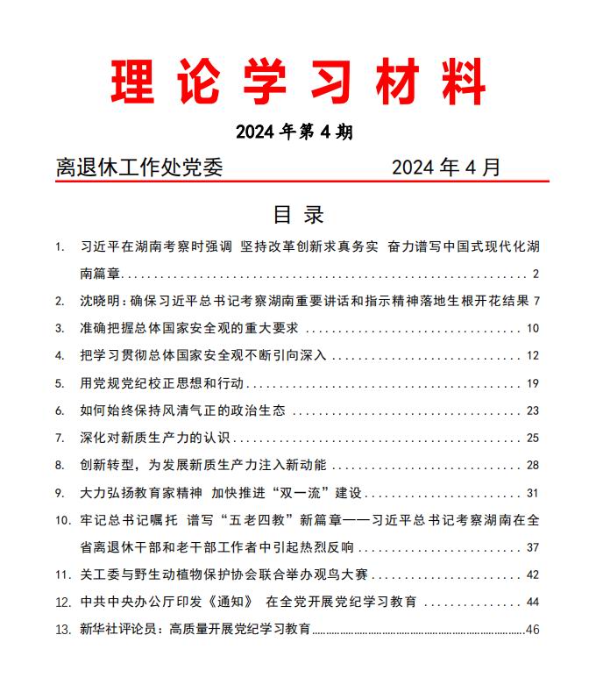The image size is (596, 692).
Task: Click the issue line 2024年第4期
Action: point(294,132)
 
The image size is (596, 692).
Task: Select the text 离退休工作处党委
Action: point(138,167)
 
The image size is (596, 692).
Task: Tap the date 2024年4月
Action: point(445,167)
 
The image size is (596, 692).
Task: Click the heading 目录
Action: point(298,215)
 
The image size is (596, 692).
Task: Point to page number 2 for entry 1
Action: point(536,274)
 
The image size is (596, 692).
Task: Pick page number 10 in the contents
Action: point(532,328)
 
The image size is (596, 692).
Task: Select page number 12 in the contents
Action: point(532,355)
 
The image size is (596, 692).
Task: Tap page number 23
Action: point(532,410)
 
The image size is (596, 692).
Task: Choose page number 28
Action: point(532,464)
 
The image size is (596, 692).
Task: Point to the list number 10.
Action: point(61,520)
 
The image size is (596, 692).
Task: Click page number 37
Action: point(532,547)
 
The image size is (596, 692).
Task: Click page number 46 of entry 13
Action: point(532,629)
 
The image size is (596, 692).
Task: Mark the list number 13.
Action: point(61,629)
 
